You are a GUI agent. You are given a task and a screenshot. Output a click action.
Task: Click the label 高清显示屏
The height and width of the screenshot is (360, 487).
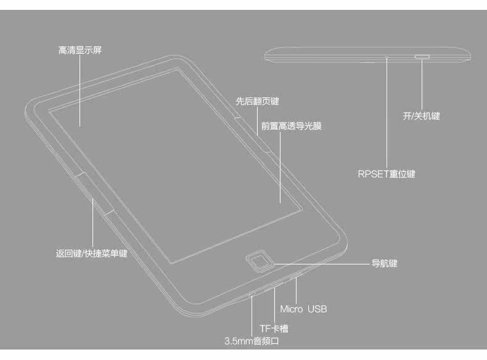click(x=80, y=51)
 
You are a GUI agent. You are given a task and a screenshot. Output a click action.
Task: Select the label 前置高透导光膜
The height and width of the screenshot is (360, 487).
click(x=291, y=126)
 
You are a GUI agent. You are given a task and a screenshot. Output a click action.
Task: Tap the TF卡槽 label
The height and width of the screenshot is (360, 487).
click(x=274, y=329)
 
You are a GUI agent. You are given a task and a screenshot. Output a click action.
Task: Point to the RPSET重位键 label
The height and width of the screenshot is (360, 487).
click(x=387, y=174)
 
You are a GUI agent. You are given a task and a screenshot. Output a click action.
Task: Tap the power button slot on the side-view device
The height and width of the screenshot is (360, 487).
click(x=422, y=56)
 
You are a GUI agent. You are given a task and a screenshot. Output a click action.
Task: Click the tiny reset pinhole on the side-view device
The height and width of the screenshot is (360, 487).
click(x=387, y=57)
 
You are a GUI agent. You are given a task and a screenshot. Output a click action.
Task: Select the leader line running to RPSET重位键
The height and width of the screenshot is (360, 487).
click(x=387, y=111)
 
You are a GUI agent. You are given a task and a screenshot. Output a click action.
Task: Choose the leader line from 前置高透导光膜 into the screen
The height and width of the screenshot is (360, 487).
click(x=280, y=166)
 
